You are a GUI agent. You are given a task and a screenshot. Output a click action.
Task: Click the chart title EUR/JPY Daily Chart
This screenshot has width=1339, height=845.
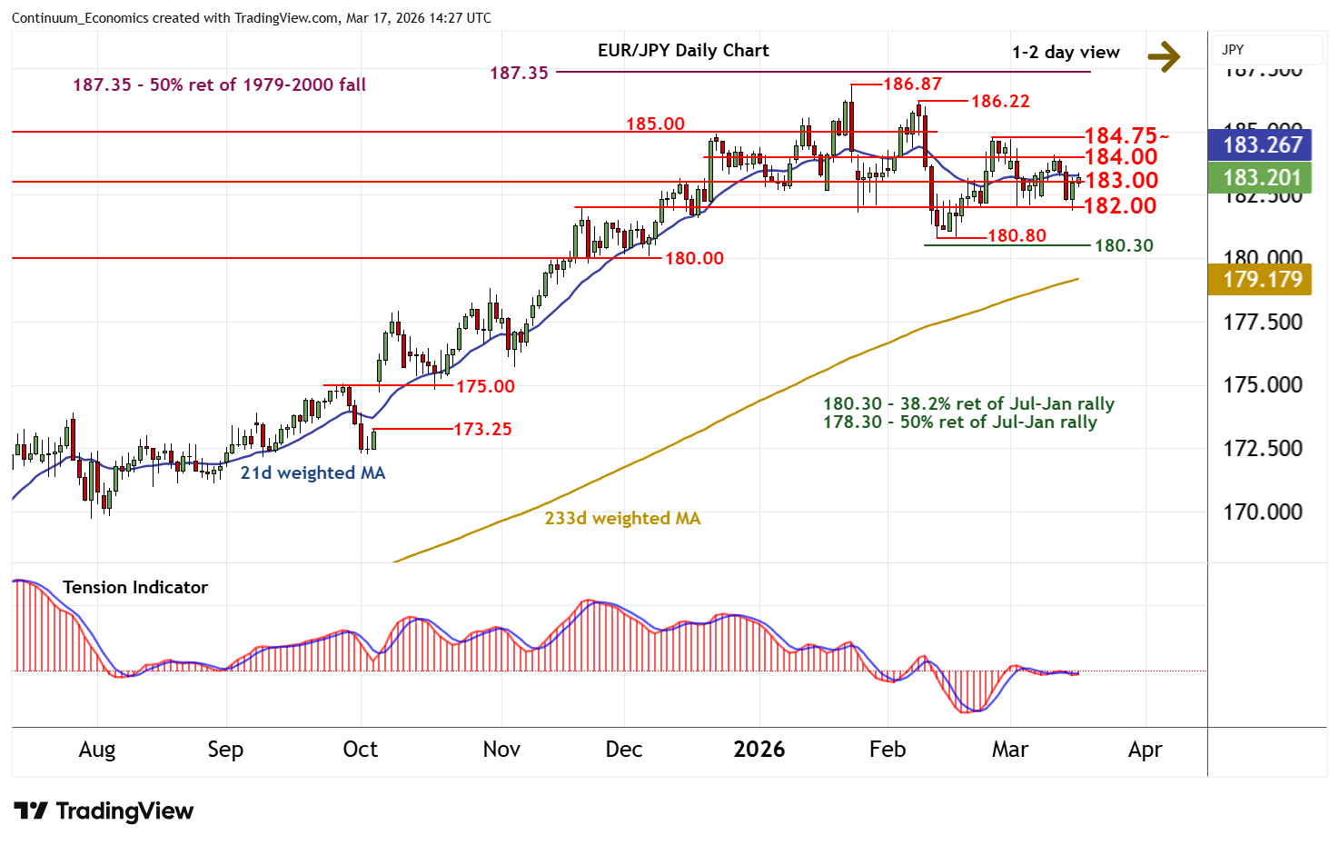(683, 51)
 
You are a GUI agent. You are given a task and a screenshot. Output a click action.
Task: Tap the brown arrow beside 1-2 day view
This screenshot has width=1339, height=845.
(1164, 56)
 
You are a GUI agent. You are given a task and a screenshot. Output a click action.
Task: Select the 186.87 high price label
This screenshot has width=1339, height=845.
(912, 84)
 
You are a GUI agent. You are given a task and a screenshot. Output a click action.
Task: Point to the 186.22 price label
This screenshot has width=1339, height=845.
(1000, 101)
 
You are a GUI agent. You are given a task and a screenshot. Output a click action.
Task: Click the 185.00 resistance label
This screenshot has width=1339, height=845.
(655, 124)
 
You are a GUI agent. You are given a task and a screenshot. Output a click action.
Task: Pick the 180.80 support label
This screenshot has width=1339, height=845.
(1017, 236)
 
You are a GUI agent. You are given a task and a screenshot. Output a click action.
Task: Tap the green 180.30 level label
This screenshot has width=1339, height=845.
(1124, 245)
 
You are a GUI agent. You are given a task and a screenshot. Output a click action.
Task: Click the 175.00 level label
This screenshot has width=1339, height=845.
(485, 386)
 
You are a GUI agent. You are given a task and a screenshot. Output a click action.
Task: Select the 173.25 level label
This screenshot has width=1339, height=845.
(482, 429)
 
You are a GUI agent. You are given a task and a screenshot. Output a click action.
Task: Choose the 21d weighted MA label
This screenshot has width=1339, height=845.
(312, 472)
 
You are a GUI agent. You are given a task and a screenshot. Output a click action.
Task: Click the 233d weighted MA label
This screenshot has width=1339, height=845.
(622, 518)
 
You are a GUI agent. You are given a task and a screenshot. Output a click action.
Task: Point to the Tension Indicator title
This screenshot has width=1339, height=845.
(135, 587)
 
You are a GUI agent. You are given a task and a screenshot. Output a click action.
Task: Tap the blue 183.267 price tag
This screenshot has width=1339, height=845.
(1262, 144)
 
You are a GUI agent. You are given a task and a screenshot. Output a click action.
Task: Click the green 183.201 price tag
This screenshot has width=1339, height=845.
(1262, 178)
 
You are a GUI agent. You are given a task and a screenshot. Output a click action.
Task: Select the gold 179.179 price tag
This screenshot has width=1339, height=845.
(1262, 279)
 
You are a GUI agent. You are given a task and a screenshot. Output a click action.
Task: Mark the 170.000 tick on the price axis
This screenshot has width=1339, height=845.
(1262, 512)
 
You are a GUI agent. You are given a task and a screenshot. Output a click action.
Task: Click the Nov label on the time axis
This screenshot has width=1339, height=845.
(501, 750)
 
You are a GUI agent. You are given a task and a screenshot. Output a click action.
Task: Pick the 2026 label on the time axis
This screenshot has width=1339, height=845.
(759, 750)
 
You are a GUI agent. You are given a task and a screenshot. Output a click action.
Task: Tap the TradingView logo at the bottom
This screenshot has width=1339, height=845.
(104, 811)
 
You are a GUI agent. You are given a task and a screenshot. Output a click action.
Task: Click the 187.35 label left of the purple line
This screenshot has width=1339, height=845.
(519, 73)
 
